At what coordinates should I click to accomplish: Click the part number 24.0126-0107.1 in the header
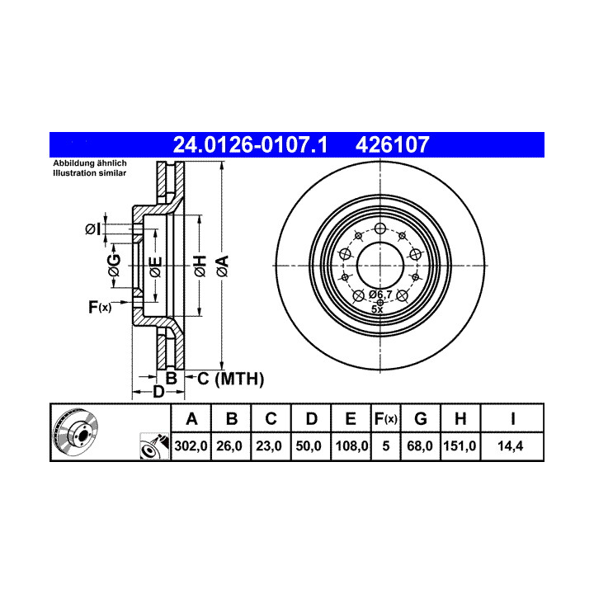pos(250,144)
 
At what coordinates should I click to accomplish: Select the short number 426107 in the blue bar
pos(392,144)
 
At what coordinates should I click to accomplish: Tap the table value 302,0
pos(191,445)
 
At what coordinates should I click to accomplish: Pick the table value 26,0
pos(229,445)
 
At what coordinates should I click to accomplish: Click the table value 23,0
pos(269,445)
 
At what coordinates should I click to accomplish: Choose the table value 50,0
pos(309,445)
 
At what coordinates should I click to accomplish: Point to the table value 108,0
pos(351,445)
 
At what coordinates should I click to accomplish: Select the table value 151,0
pos(460,445)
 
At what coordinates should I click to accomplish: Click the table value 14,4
pos(511,445)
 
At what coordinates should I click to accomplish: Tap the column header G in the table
pos(421,418)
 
